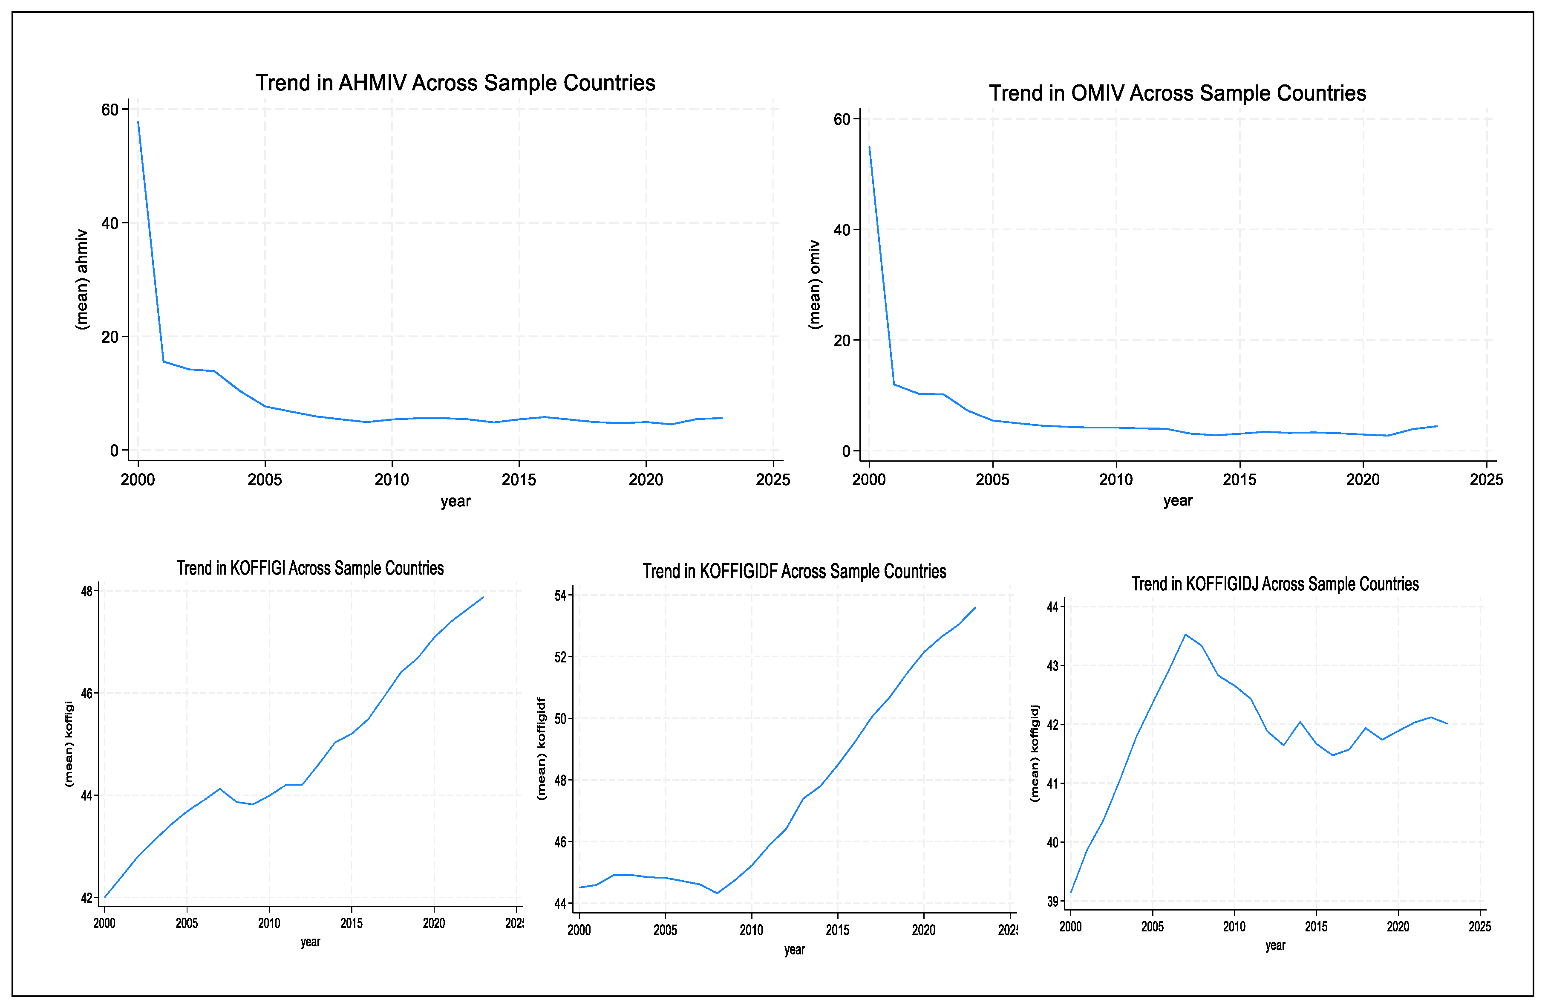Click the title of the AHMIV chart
point(455,83)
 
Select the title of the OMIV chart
point(1177,93)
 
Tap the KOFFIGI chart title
point(310,568)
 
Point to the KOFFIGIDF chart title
point(794,572)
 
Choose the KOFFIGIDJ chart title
point(1275,584)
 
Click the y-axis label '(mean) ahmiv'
point(82,279)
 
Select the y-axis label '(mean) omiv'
point(815,284)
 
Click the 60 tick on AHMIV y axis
point(110,110)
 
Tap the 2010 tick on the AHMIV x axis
point(392,480)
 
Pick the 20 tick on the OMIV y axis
point(842,340)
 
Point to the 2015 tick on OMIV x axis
point(1239,480)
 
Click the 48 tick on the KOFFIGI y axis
point(87,591)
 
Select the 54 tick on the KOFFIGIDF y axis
point(560,596)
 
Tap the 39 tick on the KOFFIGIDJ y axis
point(1052,902)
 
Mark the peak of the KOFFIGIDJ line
point(1185,635)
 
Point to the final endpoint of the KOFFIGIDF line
point(975,608)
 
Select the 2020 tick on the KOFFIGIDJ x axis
point(1398,927)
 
